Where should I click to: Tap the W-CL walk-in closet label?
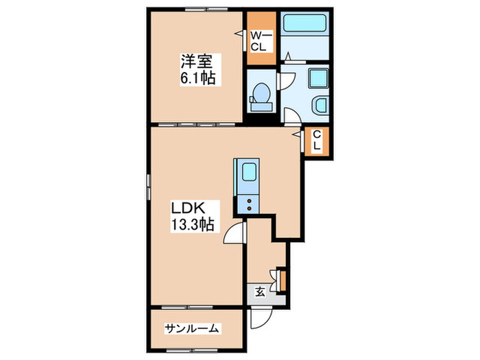[x=261, y=40]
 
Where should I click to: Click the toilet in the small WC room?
[x=261, y=97]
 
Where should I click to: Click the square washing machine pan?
[x=319, y=79]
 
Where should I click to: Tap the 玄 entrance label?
[x=261, y=291]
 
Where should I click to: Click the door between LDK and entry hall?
[x=235, y=234]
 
